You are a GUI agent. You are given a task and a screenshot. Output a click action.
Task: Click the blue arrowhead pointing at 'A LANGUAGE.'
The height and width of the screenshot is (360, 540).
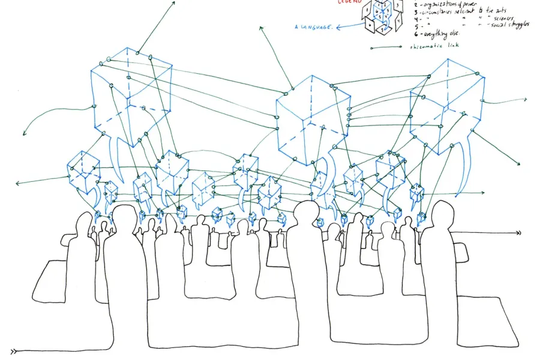point(340,26)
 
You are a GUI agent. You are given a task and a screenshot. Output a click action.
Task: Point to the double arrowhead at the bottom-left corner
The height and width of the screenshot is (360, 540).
point(14,351)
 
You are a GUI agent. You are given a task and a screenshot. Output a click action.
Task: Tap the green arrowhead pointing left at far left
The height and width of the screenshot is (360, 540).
point(17,182)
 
